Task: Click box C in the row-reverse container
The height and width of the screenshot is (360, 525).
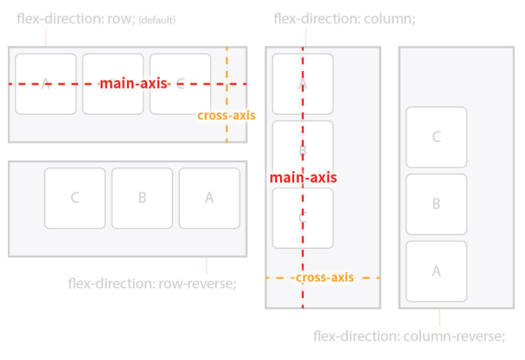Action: pos(75,199)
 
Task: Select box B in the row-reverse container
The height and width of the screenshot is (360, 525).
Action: pos(142,199)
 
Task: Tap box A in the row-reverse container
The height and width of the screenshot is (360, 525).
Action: pos(210,199)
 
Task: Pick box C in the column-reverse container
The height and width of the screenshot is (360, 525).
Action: pos(436,137)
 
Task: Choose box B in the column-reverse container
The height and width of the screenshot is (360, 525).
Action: pos(436,204)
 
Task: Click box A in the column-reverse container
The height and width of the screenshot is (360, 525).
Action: pos(436,271)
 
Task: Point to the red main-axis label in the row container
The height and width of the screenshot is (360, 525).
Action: pos(133,83)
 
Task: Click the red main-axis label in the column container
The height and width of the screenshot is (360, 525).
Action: pos(303,178)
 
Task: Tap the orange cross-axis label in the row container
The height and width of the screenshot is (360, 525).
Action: pos(226,115)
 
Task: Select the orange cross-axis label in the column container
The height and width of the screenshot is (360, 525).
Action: pos(324,277)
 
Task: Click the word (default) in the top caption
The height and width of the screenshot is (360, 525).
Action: pos(157,20)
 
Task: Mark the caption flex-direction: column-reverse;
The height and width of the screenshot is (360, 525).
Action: pos(409,336)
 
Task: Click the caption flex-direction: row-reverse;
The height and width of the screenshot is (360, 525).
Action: pos(153,284)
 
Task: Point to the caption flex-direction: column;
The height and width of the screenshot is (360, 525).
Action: pos(345,19)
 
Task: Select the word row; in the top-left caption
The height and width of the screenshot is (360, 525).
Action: pos(121,19)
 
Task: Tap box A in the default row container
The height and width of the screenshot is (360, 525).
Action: pos(46,84)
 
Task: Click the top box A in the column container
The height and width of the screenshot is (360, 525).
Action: pos(303,84)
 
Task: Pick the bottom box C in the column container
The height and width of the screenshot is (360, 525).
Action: pos(303,218)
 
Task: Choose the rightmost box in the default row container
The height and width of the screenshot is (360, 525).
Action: pos(180,84)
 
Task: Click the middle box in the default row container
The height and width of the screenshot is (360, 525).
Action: pos(113,84)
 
